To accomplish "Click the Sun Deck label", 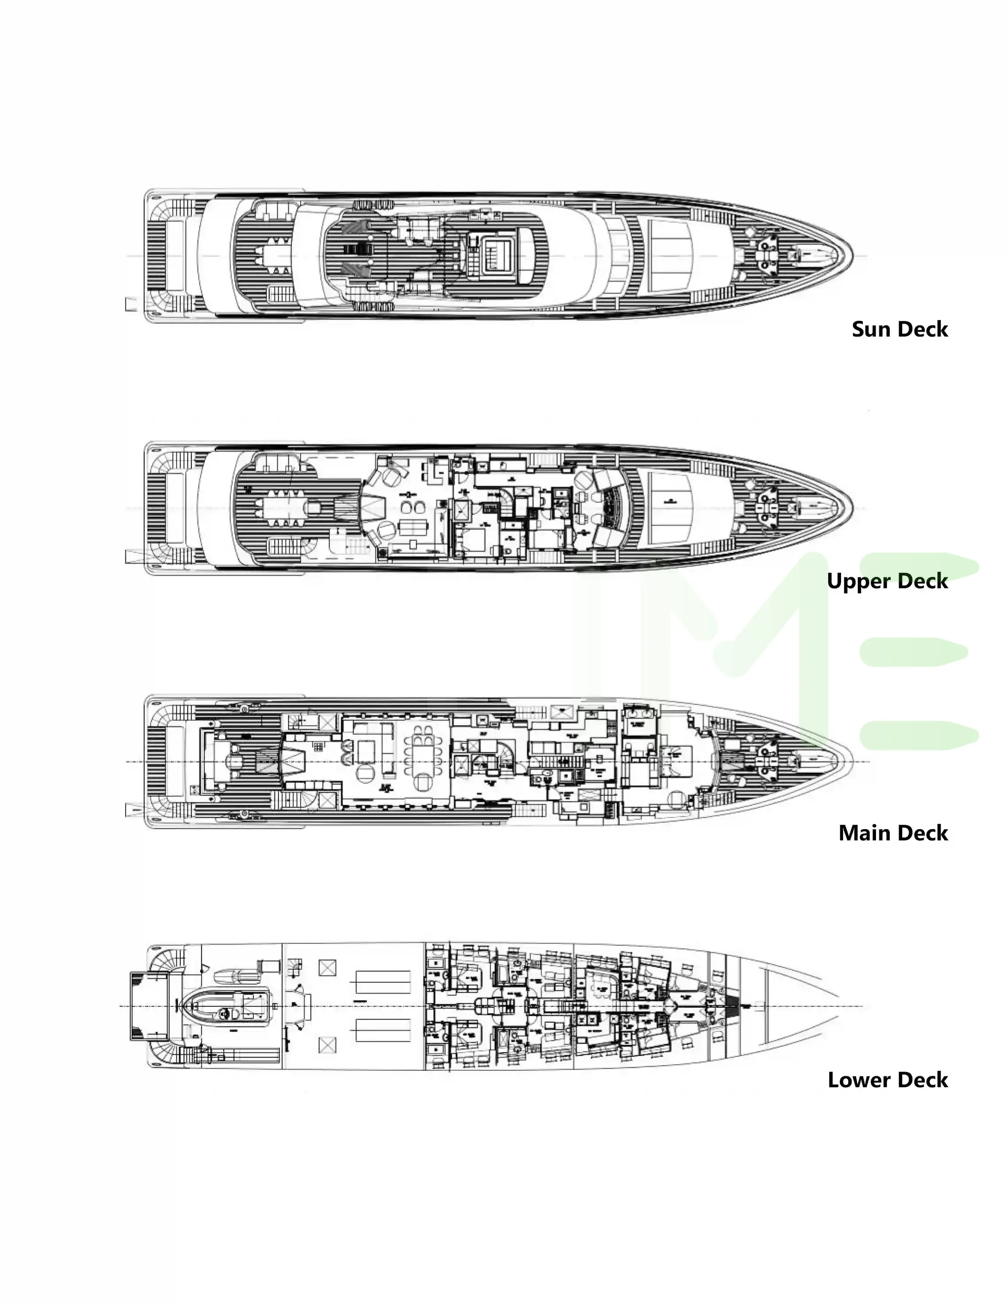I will [x=899, y=329].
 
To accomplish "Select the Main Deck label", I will [x=893, y=833].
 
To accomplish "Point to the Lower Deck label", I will [x=887, y=1080].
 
